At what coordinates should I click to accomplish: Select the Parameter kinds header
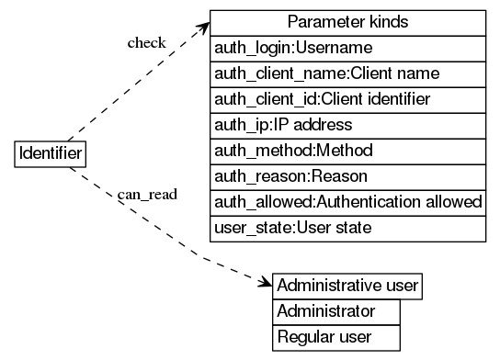click(x=347, y=22)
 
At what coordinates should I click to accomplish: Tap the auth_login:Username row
click(x=347, y=48)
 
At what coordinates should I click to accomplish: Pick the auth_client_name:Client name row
click(x=347, y=73)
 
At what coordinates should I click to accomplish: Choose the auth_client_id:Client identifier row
click(x=347, y=98)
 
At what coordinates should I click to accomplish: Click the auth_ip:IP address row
click(x=347, y=124)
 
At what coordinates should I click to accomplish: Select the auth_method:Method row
click(x=347, y=150)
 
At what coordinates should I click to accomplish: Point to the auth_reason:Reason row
click(x=347, y=175)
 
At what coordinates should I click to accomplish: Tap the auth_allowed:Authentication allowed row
click(x=347, y=201)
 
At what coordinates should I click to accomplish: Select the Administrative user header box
click(x=347, y=286)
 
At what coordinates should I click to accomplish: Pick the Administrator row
click(x=336, y=311)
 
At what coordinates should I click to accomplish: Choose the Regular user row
click(x=336, y=337)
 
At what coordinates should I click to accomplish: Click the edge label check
click(x=146, y=43)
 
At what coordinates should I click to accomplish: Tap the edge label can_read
click(x=147, y=195)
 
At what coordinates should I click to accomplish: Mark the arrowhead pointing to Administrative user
click(x=265, y=281)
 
